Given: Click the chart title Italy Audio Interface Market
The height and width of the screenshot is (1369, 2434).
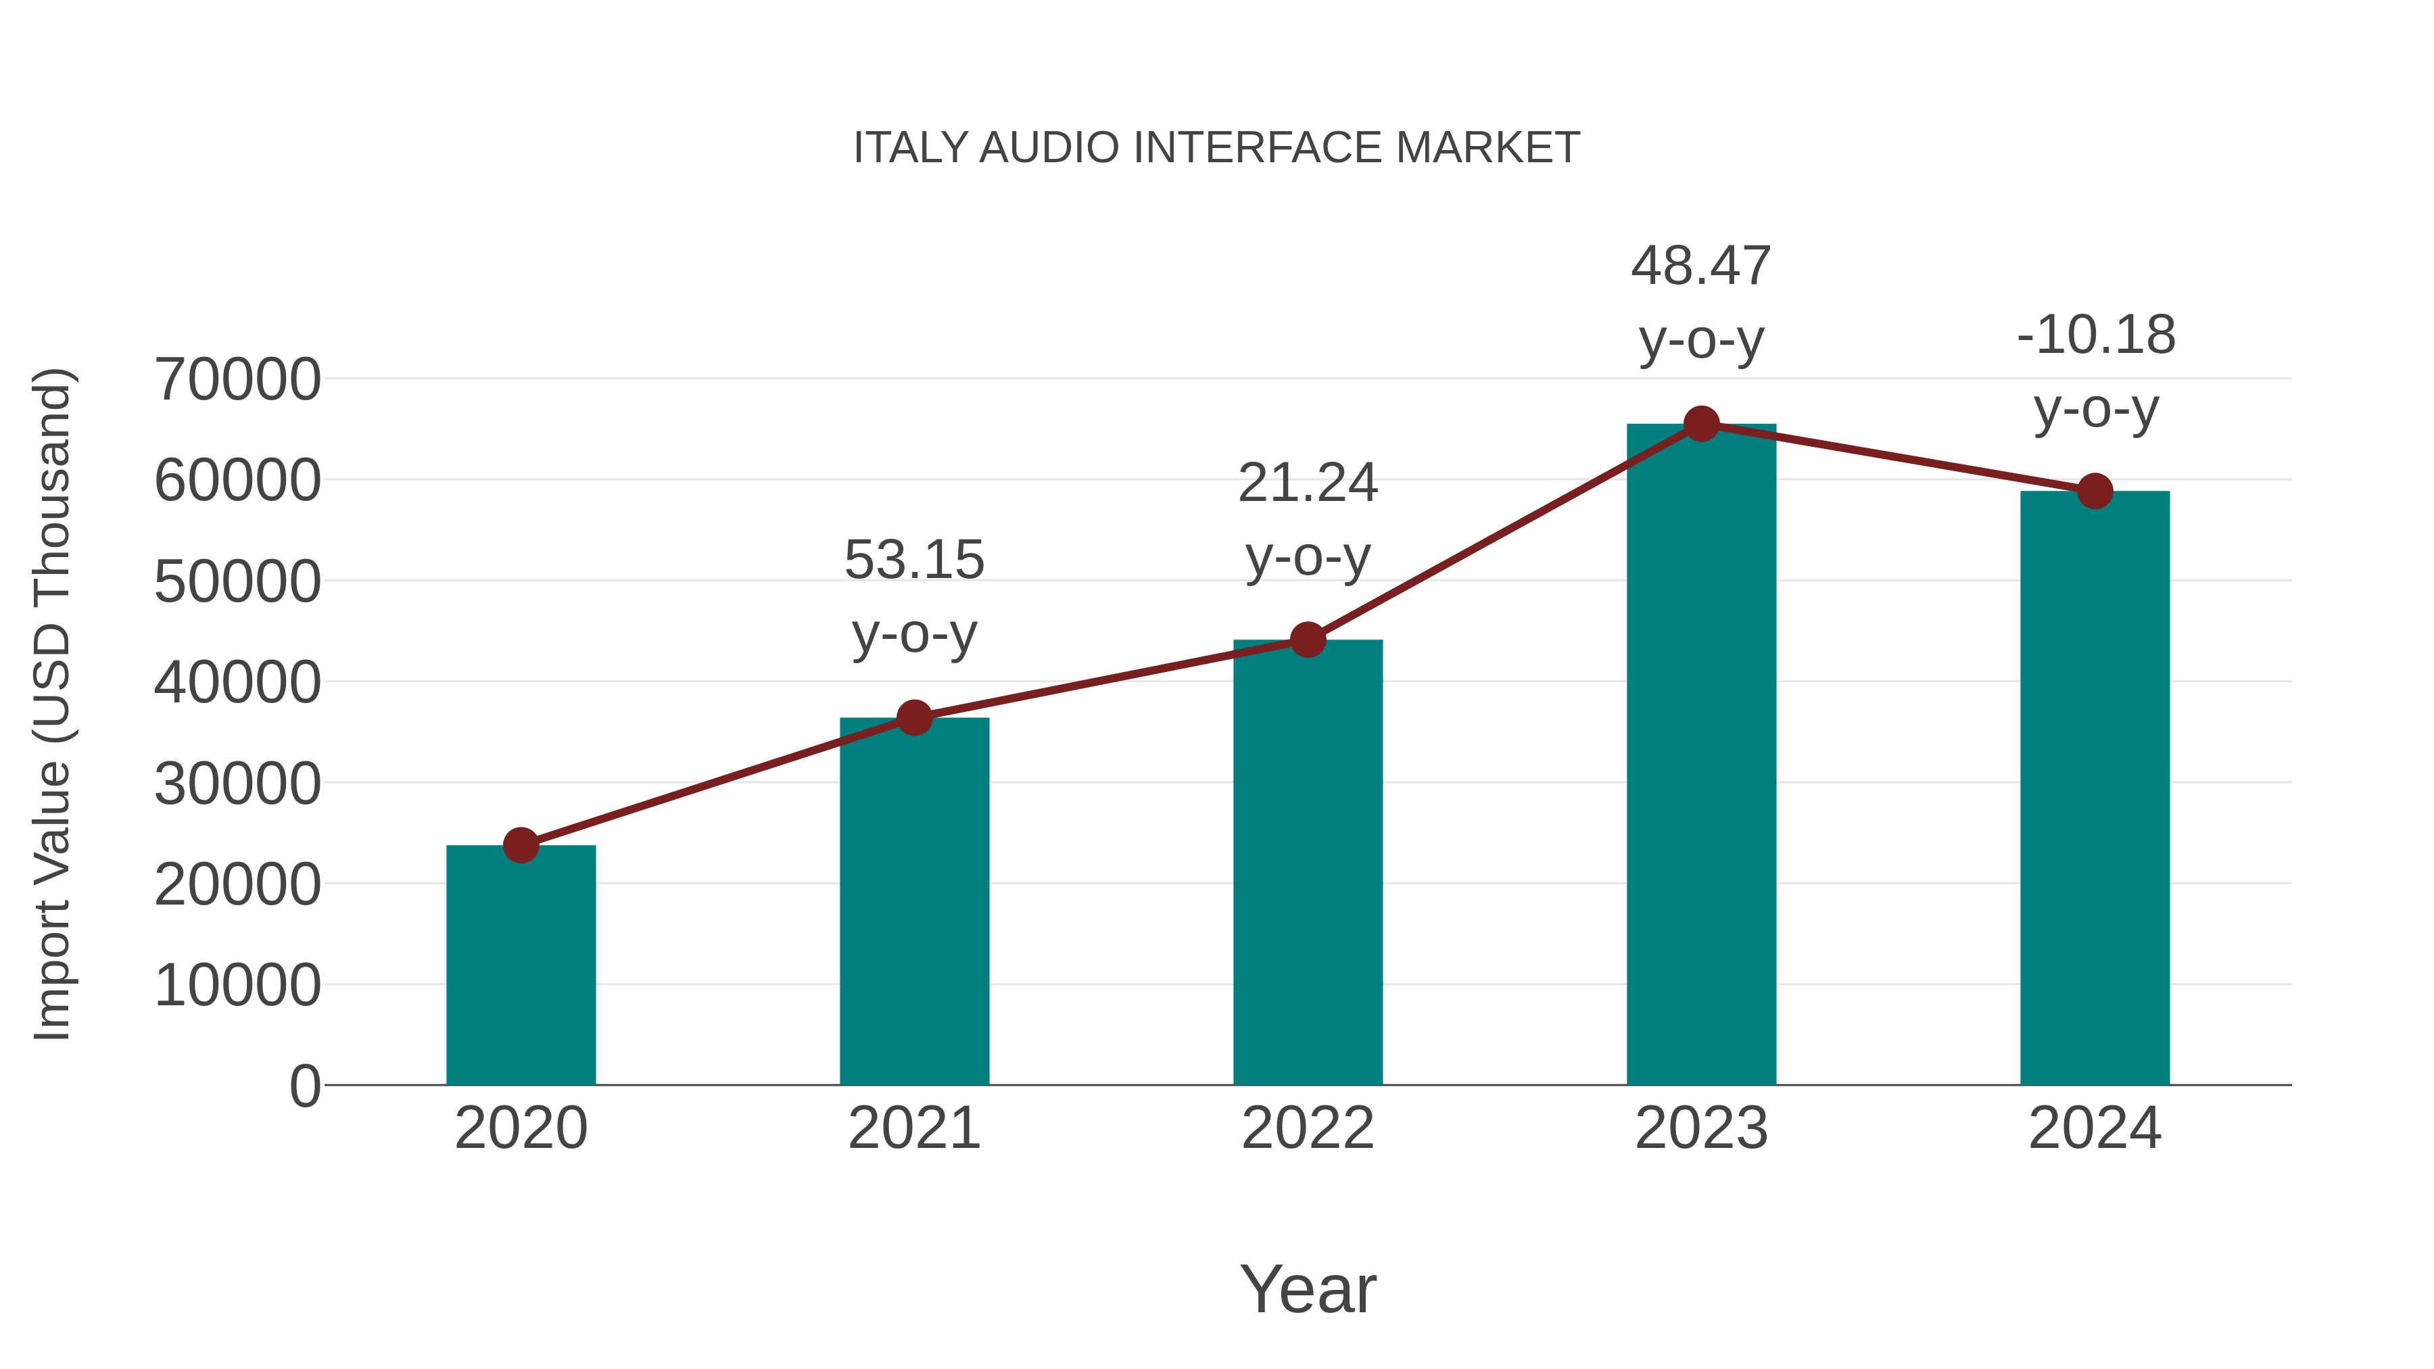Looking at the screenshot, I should [x=1216, y=148].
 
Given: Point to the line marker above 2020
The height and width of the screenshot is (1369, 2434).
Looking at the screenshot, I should [x=521, y=844].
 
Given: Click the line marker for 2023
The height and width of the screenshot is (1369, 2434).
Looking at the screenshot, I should [x=1701, y=424].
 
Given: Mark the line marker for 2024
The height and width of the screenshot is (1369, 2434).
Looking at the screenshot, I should [x=2095, y=491].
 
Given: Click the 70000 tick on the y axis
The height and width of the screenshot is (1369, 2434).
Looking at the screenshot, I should [x=237, y=380].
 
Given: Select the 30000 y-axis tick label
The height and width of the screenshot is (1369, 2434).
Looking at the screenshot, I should [x=237, y=784].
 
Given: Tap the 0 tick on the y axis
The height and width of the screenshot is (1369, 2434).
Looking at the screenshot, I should [x=304, y=1086].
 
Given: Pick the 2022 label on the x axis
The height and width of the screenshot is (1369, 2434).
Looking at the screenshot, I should [x=1308, y=1128].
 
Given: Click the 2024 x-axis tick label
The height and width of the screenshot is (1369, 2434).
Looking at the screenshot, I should [x=2095, y=1128].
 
